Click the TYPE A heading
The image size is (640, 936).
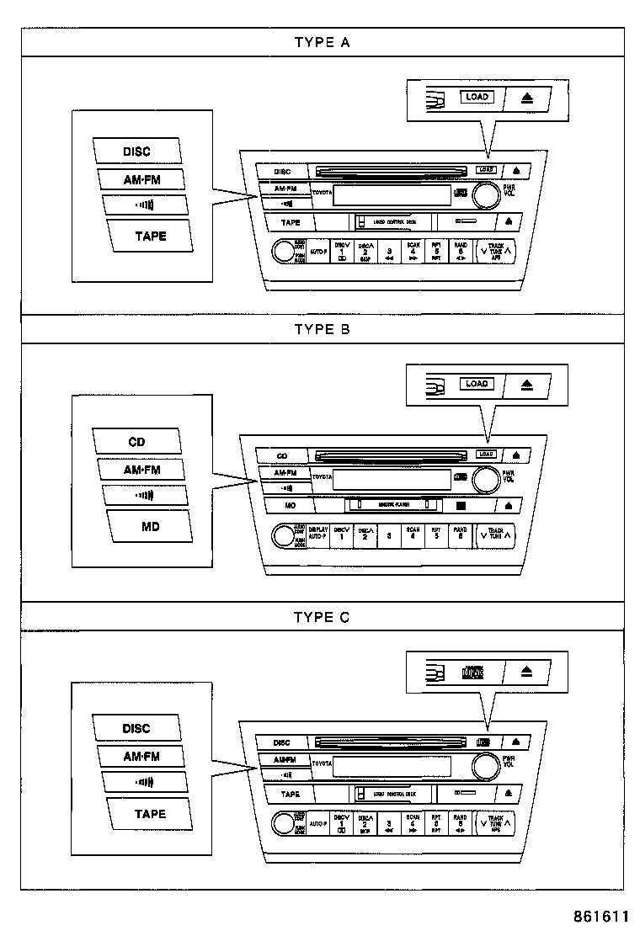[x=322, y=42]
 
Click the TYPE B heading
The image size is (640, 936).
[x=322, y=329]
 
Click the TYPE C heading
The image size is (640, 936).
[x=322, y=617]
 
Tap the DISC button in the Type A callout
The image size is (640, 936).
[x=137, y=152]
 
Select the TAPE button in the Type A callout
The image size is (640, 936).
[x=150, y=236]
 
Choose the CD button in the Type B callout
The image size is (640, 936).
[x=137, y=441]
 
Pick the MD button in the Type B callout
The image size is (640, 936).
[x=150, y=526]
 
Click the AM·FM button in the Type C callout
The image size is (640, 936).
[x=141, y=756]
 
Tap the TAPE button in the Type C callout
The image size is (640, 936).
[x=150, y=814]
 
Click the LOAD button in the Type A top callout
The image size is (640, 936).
[x=477, y=98]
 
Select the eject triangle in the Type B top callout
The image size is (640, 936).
[x=527, y=385]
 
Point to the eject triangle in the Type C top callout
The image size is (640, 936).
[x=527, y=672]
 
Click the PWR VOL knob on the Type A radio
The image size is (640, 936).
[x=485, y=195]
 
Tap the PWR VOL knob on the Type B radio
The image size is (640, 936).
[x=484, y=481]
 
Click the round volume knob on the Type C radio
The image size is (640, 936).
[x=484, y=767]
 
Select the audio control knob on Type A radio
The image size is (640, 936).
[x=282, y=250]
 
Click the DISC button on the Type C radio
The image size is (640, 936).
[x=282, y=742]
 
